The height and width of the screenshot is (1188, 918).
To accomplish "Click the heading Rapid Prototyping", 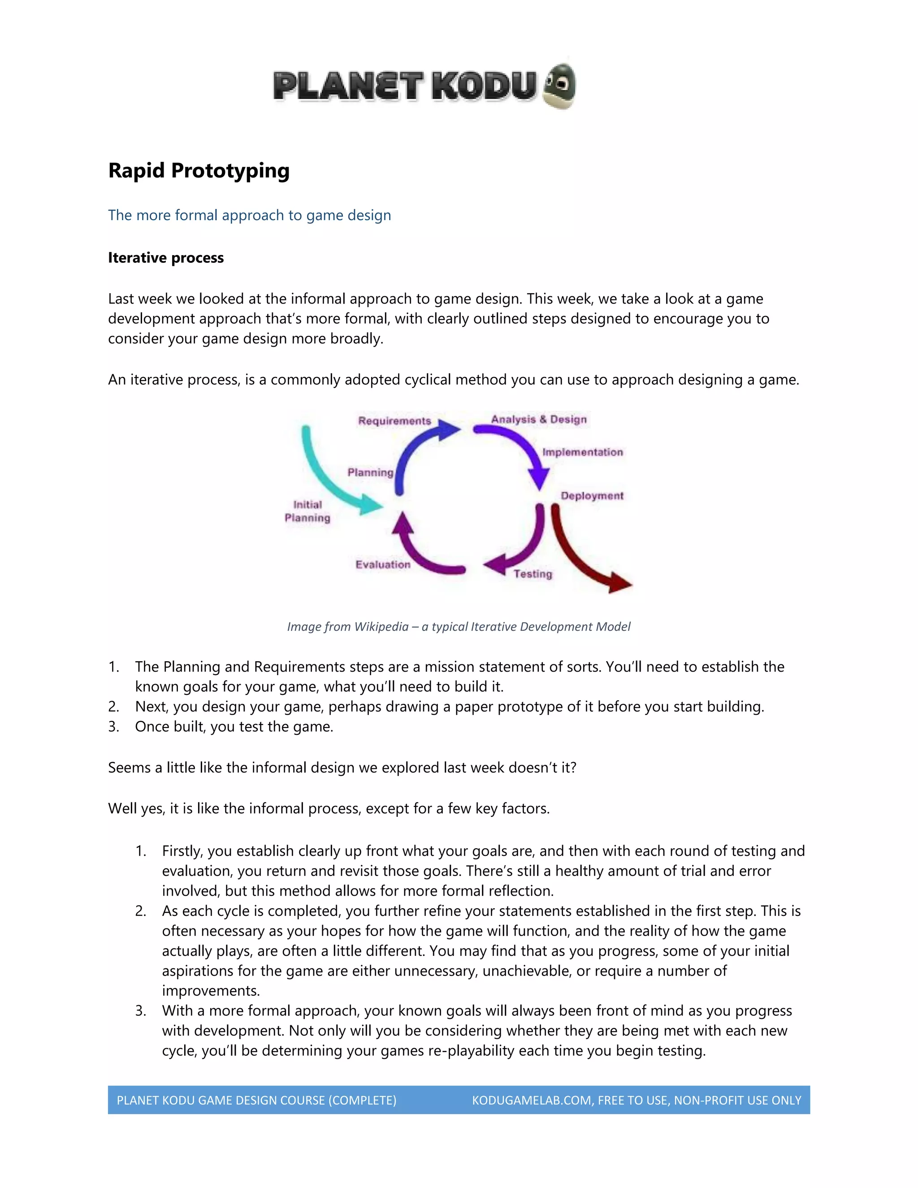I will pos(199,170).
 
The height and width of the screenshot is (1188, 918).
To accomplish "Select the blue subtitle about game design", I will pos(249,215).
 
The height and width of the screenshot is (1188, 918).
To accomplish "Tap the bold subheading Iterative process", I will pos(165,258).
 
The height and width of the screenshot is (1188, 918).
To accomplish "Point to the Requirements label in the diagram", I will pos(394,421).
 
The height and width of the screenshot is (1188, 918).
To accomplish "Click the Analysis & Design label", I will pos(538,420).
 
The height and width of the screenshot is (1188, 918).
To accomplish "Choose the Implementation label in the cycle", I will pos(582,452).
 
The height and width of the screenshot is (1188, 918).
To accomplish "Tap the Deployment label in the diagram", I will pos(592,496).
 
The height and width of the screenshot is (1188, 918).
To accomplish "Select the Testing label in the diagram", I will pos(533,574).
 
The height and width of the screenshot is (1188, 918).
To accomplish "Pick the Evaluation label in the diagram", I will pos(383,564).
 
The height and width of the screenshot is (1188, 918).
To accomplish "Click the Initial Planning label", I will pos(307,512).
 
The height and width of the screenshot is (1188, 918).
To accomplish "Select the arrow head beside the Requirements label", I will pos(449,430).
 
